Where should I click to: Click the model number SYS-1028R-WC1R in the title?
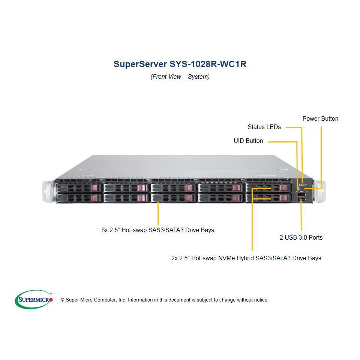point(208,64)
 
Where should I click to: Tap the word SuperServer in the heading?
point(140,64)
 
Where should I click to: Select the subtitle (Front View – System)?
point(180,76)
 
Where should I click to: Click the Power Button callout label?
point(320,119)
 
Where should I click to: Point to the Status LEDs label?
point(264,127)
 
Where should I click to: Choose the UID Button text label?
point(248,141)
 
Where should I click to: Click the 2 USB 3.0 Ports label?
point(301,237)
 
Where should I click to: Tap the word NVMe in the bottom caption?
point(226,258)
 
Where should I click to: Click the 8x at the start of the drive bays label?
point(105,230)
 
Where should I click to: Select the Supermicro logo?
point(34,299)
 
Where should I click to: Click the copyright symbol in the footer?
point(62,300)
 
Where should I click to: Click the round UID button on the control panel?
point(298,189)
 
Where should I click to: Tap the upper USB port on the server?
point(301,195)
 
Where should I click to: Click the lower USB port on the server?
point(301,200)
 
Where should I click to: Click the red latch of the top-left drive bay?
point(94,188)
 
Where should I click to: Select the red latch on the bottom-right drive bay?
point(283,198)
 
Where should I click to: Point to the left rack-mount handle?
point(49,192)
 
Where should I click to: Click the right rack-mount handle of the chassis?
point(319,192)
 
